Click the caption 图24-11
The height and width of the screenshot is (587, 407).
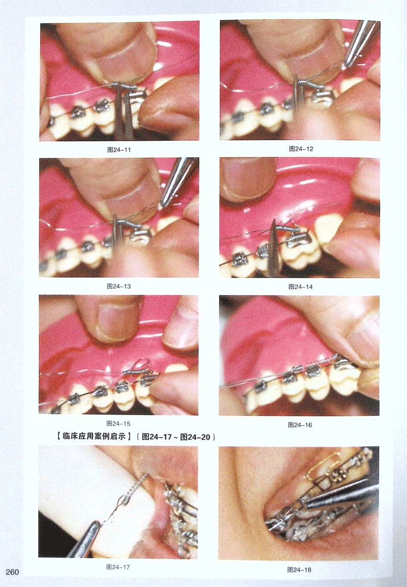(119, 150)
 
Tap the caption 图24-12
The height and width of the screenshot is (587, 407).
(301, 149)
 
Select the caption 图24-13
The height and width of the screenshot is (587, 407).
(118, 286)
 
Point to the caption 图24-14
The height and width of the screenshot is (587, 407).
(300, 287)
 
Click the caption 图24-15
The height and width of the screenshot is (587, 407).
(118, 424)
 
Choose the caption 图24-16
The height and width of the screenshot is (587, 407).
(299, 425)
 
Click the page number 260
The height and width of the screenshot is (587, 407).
(12, 572)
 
